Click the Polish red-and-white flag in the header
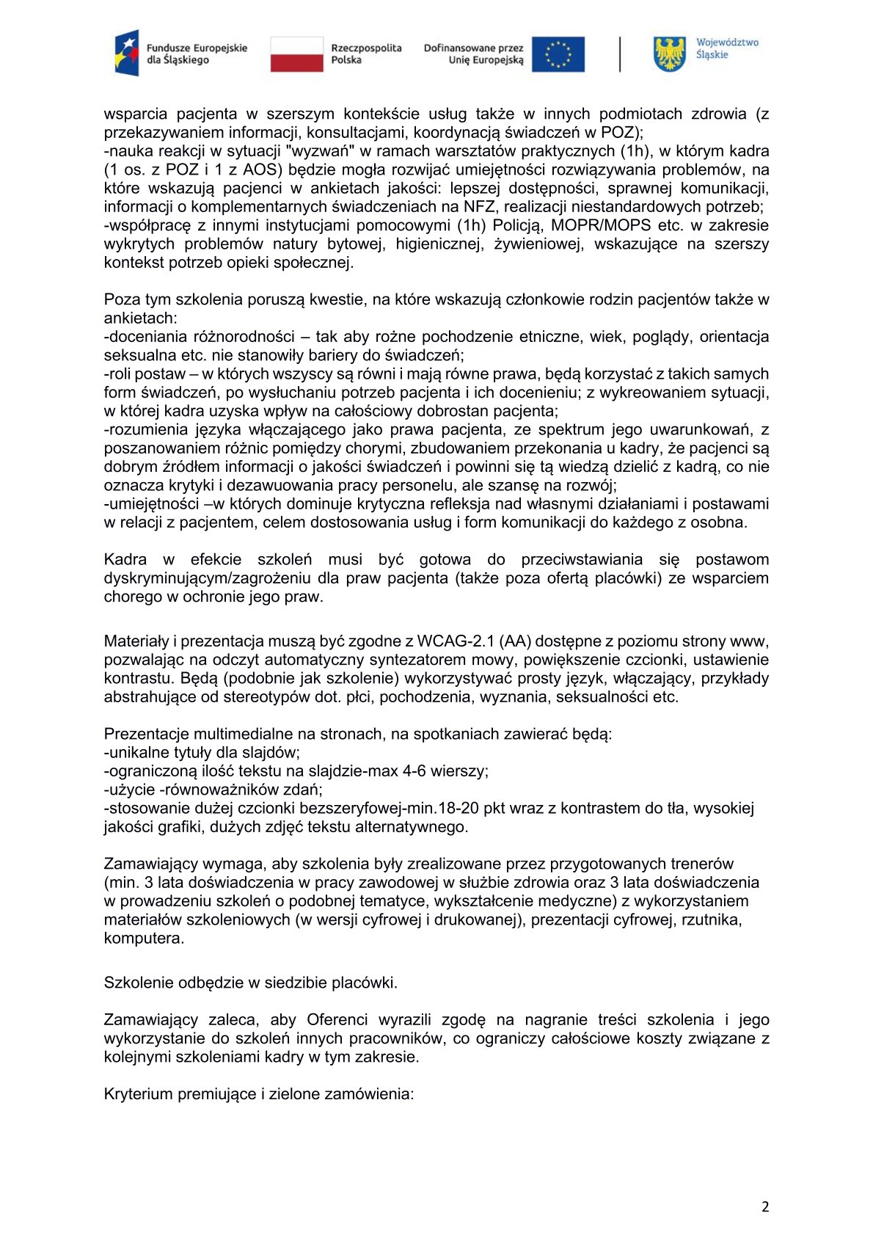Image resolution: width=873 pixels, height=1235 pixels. (x=296, y=54)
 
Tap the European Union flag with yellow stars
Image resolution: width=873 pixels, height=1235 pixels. (x=558, y=54)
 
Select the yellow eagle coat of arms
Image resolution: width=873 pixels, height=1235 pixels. (x=669, y=54)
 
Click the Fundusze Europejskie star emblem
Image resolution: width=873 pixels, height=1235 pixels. (x=127, y=54)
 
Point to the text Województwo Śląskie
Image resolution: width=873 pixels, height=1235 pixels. (x=726, y=48)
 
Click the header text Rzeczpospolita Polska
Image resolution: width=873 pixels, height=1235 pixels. (x=365, y=54)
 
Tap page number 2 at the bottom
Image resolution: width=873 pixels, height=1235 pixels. (x=765, y=1207)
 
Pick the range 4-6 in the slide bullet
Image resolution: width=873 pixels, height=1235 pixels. (x=414, y=770)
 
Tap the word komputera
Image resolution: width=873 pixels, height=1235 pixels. (x=144, y=939)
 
